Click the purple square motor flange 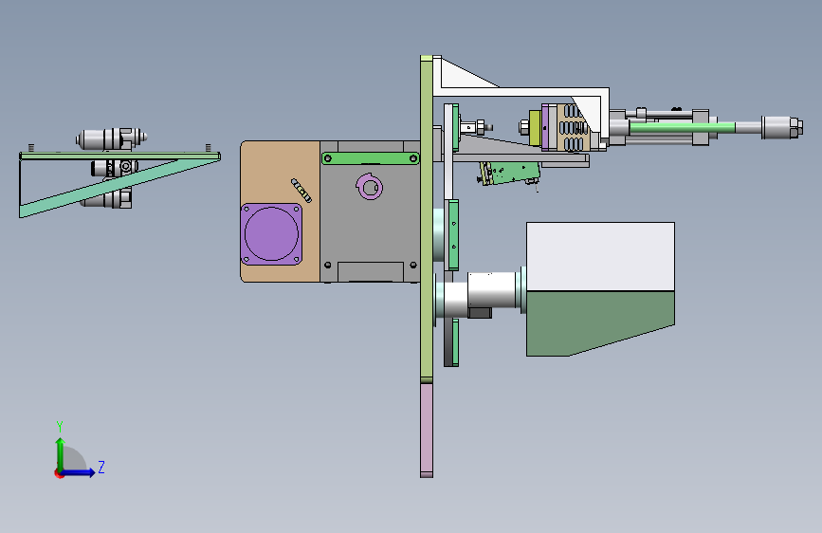pos(271,234)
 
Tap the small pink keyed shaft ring pos(370,187)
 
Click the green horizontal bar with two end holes pos(371,157)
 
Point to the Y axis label pos(60,426)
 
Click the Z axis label pos(101,467)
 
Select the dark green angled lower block pos(600,323)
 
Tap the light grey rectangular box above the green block pos(600,256)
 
